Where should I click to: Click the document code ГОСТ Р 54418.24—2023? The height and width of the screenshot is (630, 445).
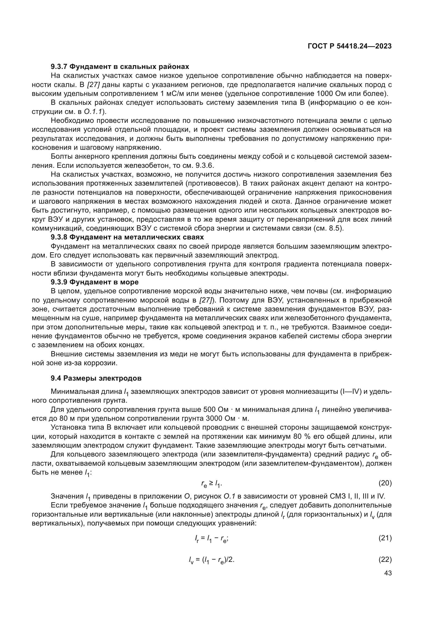click(x=350, y=46)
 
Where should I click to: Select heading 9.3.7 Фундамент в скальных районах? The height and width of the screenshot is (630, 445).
click(x=120, y=67)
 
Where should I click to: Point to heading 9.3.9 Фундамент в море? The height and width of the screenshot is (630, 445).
click(x=94, y=282)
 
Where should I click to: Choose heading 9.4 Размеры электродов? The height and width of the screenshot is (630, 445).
click(x=96, y=378)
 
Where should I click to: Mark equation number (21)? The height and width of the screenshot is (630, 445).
click(x=385, y=538)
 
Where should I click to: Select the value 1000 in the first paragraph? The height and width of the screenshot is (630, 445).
click(x=325, y=93)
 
